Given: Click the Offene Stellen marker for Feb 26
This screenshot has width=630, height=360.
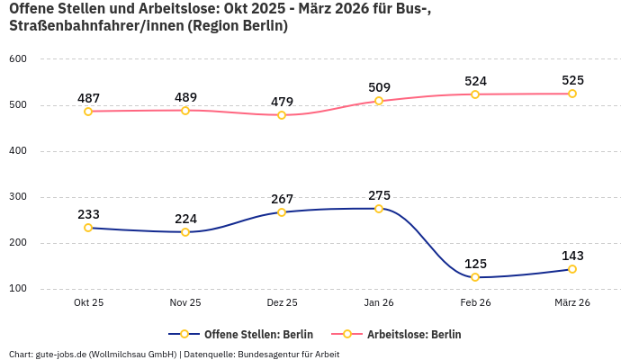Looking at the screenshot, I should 475,277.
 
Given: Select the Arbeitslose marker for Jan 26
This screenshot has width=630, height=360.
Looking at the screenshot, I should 379,101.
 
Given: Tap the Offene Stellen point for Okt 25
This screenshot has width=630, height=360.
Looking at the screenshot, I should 88,228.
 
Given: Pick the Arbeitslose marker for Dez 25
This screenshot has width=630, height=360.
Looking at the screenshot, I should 282,115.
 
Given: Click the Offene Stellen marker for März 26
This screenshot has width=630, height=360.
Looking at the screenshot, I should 572,269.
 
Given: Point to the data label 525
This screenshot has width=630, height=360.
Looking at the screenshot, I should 572,80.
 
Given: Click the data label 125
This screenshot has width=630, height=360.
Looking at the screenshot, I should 475,264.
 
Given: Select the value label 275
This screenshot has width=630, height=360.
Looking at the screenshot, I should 379,195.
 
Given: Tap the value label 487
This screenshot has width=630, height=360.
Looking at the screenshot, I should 88,98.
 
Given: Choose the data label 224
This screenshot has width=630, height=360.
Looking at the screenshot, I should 185,219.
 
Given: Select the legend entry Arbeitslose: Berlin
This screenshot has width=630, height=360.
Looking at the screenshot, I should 413,334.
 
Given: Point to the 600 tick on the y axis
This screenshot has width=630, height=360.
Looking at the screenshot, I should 19,59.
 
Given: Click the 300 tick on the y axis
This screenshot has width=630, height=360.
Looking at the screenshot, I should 19,197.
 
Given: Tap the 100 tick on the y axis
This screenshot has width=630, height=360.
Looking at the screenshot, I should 19,289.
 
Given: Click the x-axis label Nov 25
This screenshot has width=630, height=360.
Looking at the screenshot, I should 185,303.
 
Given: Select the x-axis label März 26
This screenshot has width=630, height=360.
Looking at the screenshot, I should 572,303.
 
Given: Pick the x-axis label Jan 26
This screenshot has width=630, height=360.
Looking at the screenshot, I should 379,303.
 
